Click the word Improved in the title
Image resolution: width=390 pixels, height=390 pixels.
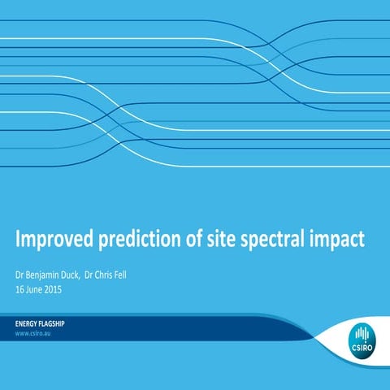pos(56,240)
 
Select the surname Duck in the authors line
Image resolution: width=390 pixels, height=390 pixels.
pos(71,275)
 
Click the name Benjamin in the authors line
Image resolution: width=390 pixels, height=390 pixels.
pos(43,275)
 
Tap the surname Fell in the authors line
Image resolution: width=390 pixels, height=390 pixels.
pos(119,275)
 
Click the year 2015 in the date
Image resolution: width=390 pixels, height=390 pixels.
pos(53,288)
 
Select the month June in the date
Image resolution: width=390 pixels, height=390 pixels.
pos(34,288)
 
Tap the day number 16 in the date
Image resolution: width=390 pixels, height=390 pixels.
pos(20,288)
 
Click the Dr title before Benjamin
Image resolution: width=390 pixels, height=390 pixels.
pos(20,275)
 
